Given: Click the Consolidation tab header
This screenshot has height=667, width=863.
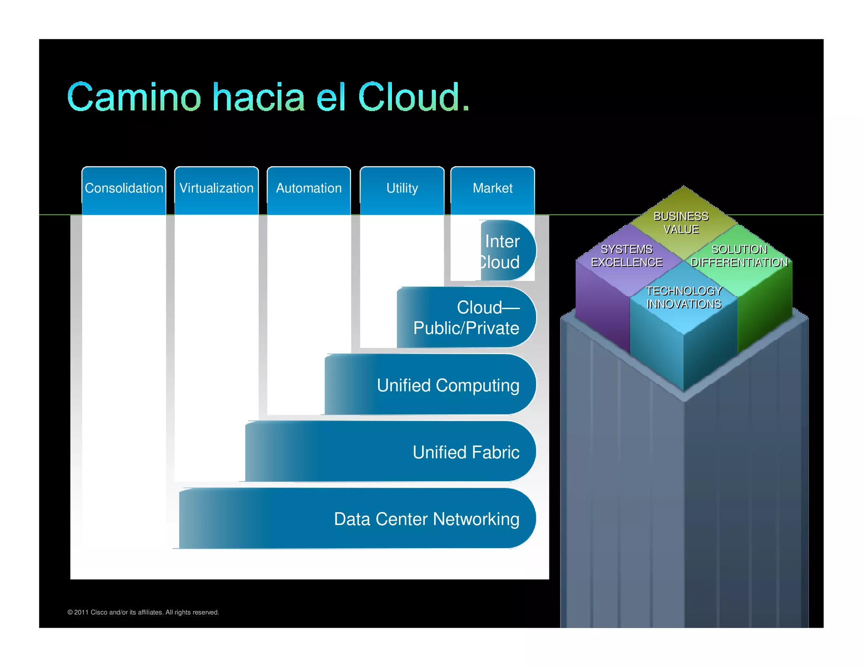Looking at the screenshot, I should click(x=124, y=188).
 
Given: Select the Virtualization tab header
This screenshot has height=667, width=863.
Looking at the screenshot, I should click(x=217, y=188).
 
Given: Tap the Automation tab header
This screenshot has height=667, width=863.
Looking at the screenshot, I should click(x=309, y=188).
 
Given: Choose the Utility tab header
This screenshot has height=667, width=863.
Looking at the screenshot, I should click(x=402, y=188).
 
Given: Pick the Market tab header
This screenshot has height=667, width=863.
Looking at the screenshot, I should click(x=493, y=188).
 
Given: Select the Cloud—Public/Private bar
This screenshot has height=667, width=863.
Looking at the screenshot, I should click(x=466, y=318).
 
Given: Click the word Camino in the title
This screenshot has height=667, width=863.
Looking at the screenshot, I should click(x=134, y=98).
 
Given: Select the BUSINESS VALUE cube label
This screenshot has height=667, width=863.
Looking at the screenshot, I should click(x=681, y=223).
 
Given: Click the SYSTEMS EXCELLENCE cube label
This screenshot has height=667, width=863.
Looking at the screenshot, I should click(x=627, y=256).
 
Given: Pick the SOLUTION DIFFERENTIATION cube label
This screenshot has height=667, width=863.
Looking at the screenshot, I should click(x=739, y=256).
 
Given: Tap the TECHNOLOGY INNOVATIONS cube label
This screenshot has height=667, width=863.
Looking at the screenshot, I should click(x=683, y=297).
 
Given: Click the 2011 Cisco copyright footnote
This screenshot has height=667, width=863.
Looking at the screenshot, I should click(x=143, y=612).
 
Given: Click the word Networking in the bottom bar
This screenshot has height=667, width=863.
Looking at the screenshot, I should click(x=476, y=519).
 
